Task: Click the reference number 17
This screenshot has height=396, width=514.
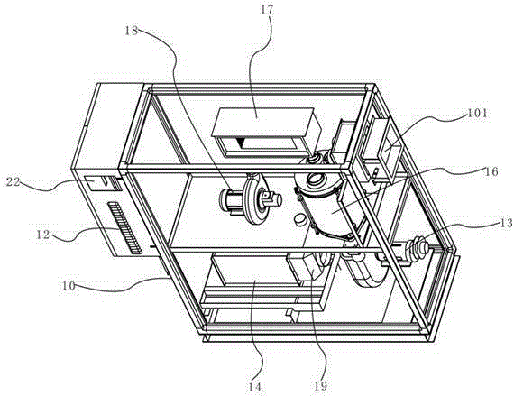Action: point(267,9)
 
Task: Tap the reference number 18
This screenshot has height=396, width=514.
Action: point(131,31)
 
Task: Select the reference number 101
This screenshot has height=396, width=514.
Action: point(478,114)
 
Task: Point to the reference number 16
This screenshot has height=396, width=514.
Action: point(491,171)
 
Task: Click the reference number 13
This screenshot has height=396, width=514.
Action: point(507,223)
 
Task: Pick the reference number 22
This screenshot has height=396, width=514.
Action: point(14,181)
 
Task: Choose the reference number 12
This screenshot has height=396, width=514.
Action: point(43,235)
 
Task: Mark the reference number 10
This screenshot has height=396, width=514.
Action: point(69,286)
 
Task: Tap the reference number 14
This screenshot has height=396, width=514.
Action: point(255,387)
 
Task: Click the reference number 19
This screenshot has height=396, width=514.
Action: point(321,386)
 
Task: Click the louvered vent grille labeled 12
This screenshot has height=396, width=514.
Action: point(124,227)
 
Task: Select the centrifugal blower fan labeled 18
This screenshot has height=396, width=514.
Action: point(251,198)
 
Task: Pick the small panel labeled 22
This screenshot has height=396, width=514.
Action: point(95,184)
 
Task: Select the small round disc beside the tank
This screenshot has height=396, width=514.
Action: point(300,218)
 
